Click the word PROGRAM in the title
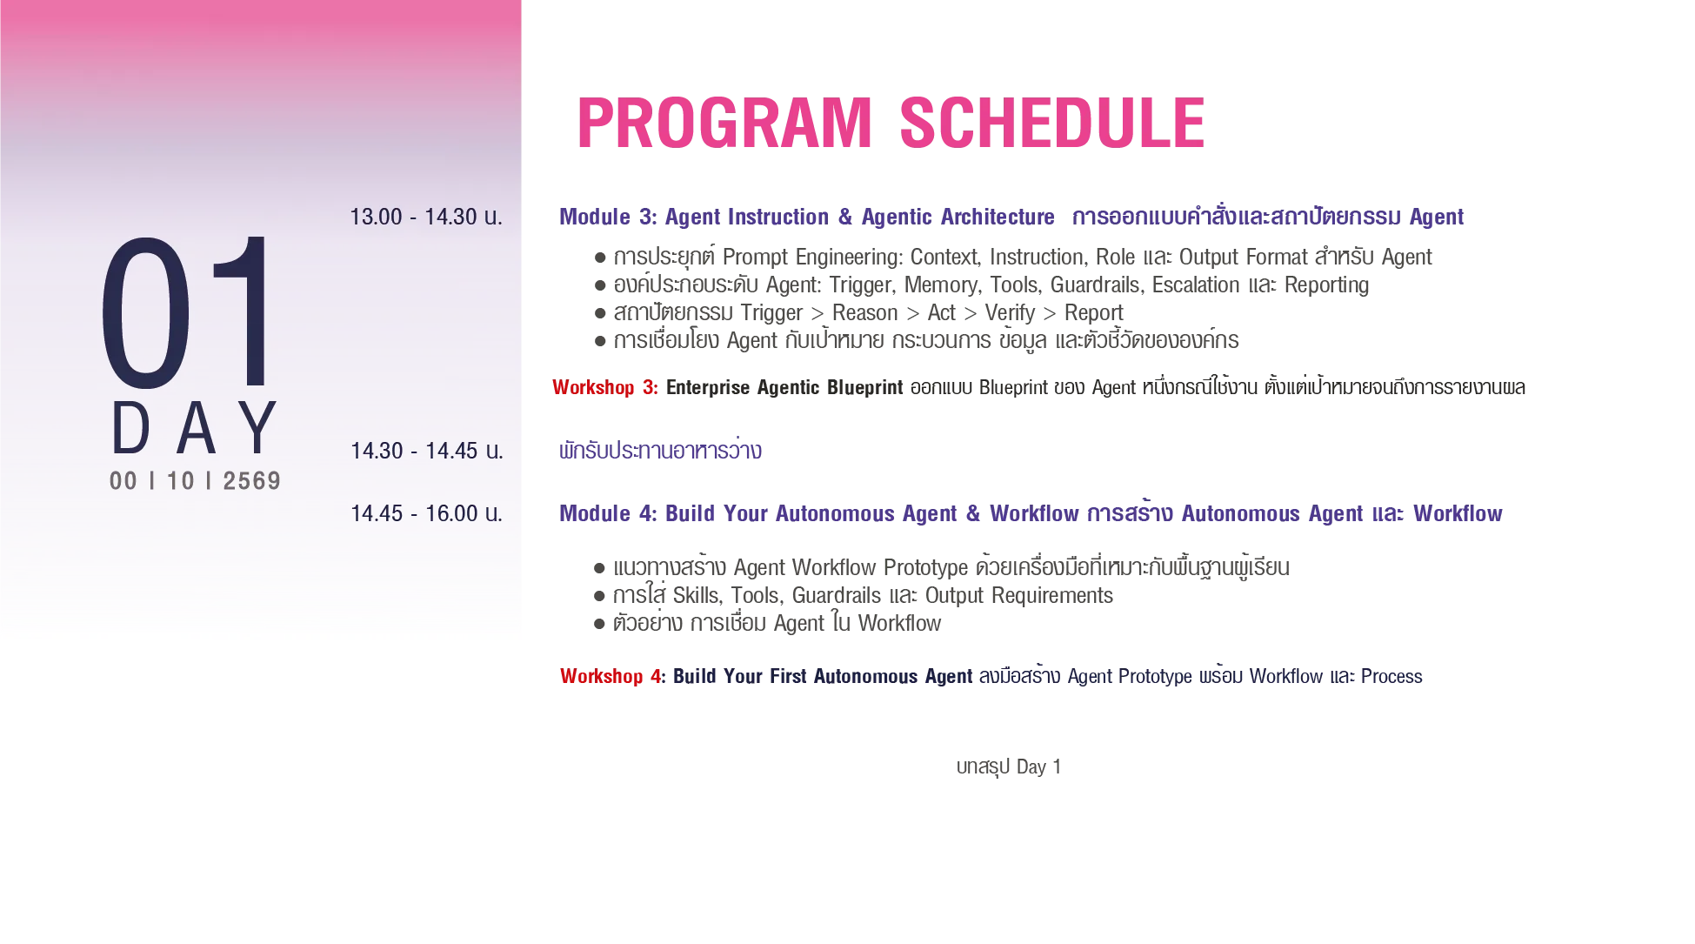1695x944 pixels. [x=724, y=123]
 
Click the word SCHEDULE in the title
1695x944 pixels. [x=1052, y=123]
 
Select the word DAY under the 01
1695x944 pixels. [x=195, y=428]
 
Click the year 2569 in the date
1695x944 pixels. [x=252, y=481]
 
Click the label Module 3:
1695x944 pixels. [x=608, y=217]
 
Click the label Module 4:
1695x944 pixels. [x=608, y=513]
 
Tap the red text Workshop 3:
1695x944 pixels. [x=605, y=387]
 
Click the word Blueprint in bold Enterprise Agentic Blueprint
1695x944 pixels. [x=865, y=387]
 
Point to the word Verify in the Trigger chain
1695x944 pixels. [x=1010, y=312]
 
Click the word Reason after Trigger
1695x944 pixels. [x=865, y=312]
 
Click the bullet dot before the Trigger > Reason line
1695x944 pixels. [x=600, y=313]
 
